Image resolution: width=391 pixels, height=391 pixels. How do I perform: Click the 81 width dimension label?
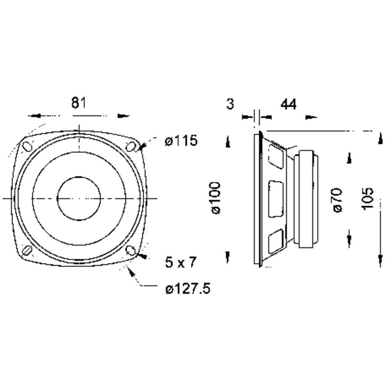[79, 103]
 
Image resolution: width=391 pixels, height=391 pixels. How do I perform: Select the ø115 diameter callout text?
[181, 141]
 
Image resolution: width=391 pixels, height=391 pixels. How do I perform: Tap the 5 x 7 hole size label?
[181, 262]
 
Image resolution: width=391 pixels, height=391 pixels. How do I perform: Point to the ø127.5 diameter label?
[188, 289]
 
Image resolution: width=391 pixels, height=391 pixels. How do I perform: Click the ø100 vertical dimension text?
[216, 198]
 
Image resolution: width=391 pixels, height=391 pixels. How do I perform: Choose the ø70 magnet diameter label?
[337, 200]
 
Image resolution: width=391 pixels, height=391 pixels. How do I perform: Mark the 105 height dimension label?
[368, 199]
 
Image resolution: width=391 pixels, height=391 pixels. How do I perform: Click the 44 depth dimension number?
[289, 104]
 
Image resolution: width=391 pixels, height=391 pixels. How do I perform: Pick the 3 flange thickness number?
[230, 104]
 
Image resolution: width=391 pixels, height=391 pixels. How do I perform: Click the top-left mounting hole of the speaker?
[27, 146]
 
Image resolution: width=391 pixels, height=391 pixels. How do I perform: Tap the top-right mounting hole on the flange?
[131, 146]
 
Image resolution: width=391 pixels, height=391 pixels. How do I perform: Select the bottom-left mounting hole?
[27, 250]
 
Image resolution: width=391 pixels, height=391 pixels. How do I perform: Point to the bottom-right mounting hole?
[131, 250]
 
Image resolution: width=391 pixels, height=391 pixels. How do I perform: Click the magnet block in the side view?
[306, 199]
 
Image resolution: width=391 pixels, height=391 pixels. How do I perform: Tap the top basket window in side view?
[276, 155]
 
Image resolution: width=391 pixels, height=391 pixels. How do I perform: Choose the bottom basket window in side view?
[276, 241]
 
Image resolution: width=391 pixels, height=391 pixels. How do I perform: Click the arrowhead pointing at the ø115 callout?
[142, 147]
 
